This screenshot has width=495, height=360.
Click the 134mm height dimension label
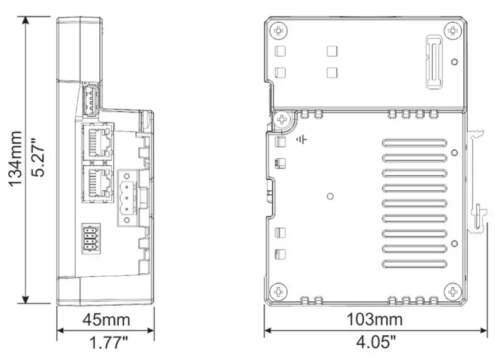pyautogui.click(x=15, y=159)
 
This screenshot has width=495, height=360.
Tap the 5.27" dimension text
pyautogui.click(x=37, y=159)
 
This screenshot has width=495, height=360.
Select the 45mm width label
pyautogui.click(x=106, y=320)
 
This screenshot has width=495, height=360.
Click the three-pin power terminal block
pyautogui.click(x=126, y=197)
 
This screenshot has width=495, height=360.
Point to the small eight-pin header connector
pyautogui.click(x=90, y=239)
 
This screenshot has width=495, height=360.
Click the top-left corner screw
pyautogui.click(x=279, y=30)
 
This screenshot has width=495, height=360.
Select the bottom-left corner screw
pyautogui.click(x=279, y=291)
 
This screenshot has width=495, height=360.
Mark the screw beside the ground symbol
pyautogui.click(x=283, y=118)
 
